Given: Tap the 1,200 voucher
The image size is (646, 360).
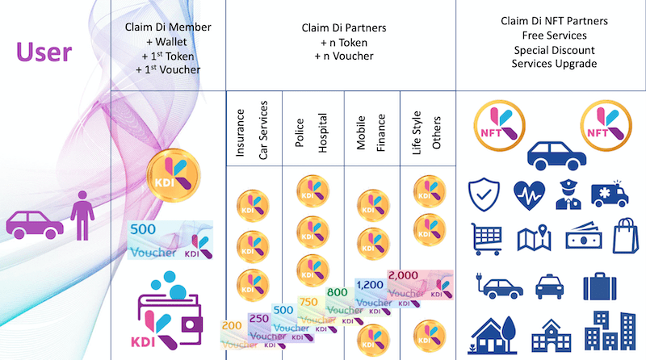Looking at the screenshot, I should [x=372, y=295].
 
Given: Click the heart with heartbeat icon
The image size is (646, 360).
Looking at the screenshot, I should [x=529, y=195].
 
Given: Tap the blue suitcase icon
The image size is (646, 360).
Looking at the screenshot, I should [x=600, y=284].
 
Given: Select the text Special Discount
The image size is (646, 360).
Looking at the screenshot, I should [x=553, y=50].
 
